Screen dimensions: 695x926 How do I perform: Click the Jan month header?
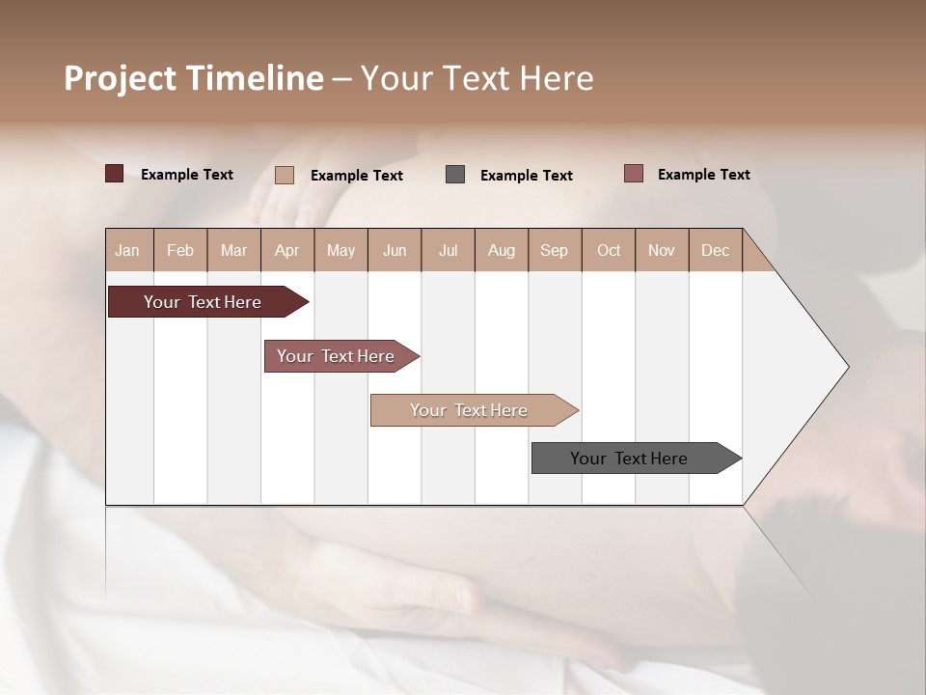point(127,250)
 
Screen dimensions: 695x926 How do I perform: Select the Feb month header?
point(180,250)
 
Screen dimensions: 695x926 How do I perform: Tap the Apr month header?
point(286,250)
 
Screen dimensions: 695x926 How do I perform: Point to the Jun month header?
point(395,250)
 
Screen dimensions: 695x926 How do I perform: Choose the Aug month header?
point(501,250)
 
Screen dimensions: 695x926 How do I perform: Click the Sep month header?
point(554,250)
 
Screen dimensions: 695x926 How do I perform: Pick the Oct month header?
point(609,250)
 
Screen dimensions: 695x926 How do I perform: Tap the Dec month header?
point(715,250)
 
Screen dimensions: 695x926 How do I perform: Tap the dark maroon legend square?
point(115,174)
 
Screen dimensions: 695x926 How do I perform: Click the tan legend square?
point(285,175)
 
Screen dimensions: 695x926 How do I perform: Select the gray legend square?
point(455,175)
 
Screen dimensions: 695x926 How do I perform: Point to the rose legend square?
point(634,174)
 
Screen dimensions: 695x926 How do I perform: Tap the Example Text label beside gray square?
point(527,176)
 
